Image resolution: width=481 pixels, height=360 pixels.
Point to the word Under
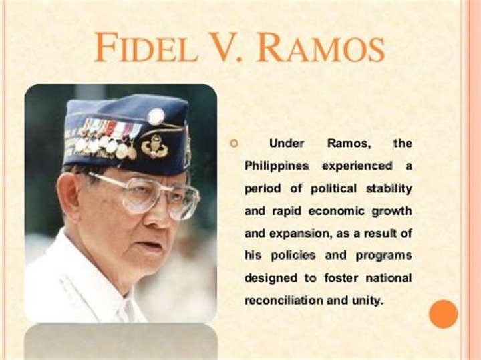286,144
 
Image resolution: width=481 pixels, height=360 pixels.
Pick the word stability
387,188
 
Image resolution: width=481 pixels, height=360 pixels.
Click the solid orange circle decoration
443,314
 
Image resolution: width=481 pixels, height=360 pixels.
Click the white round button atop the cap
156,116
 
